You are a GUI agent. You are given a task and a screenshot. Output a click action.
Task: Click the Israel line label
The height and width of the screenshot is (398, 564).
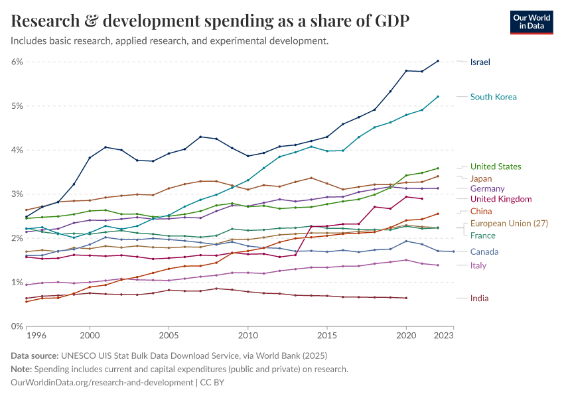tap(480, 62)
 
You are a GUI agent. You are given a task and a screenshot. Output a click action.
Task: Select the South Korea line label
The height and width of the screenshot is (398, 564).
tap(493, 97)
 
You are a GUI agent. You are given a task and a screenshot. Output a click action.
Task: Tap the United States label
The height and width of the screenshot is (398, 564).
tap(496, 166)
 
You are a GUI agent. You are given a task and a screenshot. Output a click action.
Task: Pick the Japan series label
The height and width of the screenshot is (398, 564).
tap(480, 178)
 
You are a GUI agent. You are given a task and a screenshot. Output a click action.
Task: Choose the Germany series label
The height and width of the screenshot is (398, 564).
tap(487, 189)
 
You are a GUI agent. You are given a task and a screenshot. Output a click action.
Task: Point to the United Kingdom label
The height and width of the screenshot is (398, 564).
tap(501, 199)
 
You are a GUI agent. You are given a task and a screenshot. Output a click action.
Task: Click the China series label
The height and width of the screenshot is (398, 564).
tap(481, 211)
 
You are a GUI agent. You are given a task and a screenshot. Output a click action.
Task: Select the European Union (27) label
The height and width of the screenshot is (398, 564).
tap(508, 223)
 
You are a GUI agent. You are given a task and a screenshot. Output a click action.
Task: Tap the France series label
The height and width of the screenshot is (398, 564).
tap(482, 235)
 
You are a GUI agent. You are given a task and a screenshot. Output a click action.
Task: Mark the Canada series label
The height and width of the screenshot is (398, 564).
tap(484, 252)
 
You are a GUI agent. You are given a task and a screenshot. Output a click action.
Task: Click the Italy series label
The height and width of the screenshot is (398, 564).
tap(478, 265)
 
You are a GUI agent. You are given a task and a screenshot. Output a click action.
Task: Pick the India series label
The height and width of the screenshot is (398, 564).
tap(479, 298)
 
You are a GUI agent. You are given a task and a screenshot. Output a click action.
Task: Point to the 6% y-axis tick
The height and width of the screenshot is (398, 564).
tap(17, 62)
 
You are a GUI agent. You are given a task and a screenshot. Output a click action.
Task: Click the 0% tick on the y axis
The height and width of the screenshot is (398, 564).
tap(17, 326)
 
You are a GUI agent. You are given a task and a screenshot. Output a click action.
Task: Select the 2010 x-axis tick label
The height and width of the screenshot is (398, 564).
tap(248, 336)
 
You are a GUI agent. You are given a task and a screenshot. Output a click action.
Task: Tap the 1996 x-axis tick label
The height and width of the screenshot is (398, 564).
tap(36, 336)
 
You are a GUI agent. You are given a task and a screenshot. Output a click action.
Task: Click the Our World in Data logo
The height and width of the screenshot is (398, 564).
tap(531, 22)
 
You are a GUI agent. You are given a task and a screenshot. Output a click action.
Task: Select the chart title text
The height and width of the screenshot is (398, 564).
tap(210, 21)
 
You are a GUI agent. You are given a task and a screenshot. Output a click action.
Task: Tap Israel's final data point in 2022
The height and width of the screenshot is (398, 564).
tap(438, 61)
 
